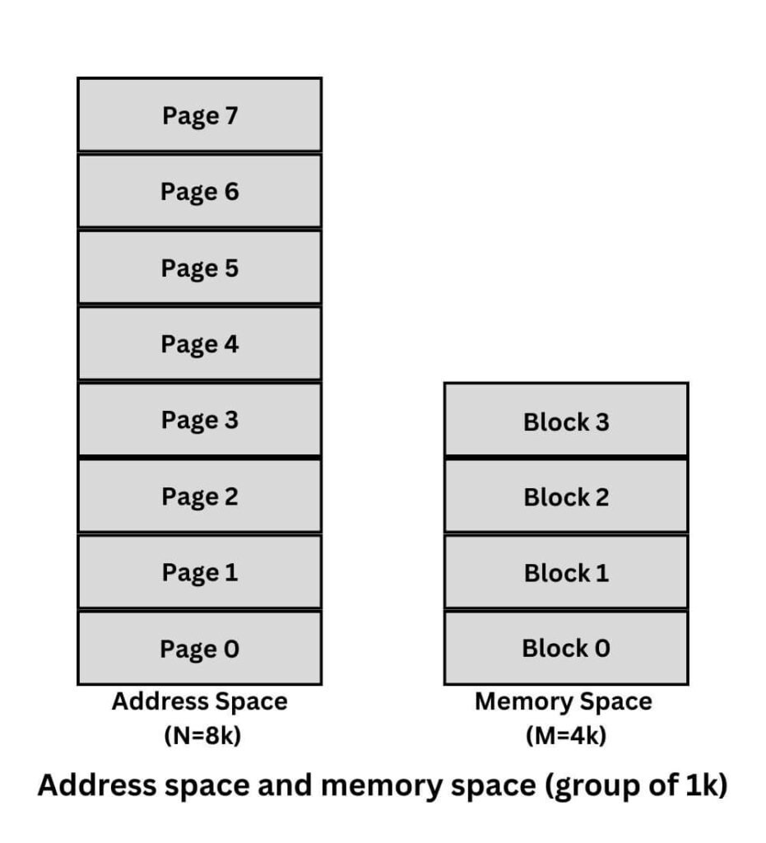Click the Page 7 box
(199, 115)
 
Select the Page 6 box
(199, 191)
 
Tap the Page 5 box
(199, 268)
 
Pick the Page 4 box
(199, 343)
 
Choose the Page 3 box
(199, 420)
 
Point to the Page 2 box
(199, 496)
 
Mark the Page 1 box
(199, 572)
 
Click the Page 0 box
(199, 649)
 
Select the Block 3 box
(566, 421)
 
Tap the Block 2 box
(566, 496)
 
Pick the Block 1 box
(566, 572)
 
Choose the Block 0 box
(566, 649)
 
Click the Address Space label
(200, 702)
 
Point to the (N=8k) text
(200, 735)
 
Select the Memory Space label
(564, 702)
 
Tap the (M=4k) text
(565, 735)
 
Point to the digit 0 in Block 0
(602, 649)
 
